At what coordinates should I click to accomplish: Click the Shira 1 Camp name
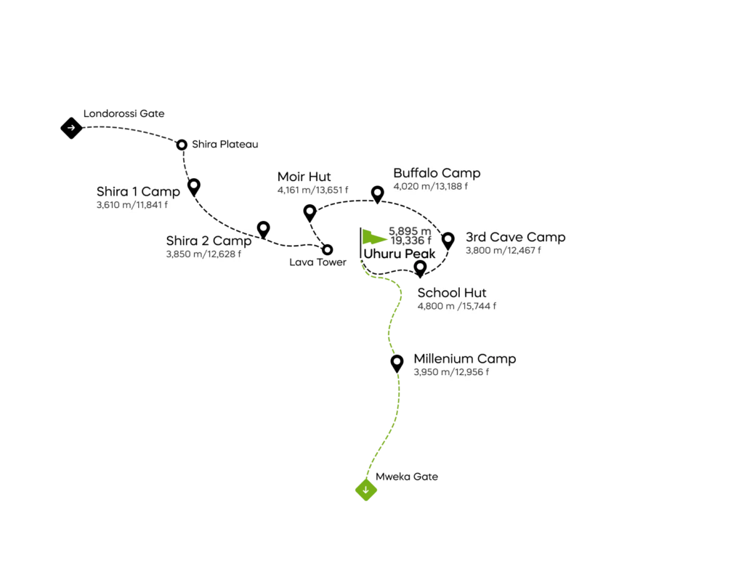click(x=137, y=192)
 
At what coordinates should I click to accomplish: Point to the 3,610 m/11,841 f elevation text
click(x=132, y=206)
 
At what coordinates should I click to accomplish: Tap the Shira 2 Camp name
click(x=209, y=241)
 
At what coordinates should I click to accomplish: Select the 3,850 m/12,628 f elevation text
click(x=204, y=254)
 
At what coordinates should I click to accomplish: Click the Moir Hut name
click(x=304, y=177)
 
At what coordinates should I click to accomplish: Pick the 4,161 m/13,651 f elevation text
click(x=312, y=190)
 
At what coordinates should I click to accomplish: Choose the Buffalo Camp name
click(x=437, y=173)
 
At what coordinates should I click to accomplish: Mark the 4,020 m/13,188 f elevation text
click(x=430, y=187)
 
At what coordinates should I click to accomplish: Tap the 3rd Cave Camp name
click(x=515, y=237)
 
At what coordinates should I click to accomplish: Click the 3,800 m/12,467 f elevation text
click(x=504, y=251)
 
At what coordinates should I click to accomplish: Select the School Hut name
click(x=451, y=293)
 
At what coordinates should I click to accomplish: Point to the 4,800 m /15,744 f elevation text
click(x=457, y=306)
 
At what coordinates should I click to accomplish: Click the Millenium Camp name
click(x=465, y=358)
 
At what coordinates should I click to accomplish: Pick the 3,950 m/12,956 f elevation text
click(x=451, y=372)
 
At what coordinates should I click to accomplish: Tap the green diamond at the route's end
click(x=366, y=491)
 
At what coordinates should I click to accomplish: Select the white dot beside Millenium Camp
click(x=397, y=361)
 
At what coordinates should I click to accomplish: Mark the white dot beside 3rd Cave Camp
click(x=448, y=238)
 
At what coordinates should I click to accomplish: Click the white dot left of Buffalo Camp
click(x=378, y=192)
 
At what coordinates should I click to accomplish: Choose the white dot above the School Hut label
click(x=420, y=267)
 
